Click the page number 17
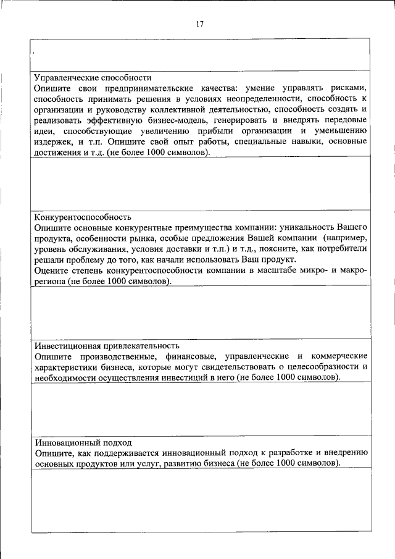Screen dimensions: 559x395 (199, 24)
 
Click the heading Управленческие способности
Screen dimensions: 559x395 (93, 78)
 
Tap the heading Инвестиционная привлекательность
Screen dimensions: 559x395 (106, 346)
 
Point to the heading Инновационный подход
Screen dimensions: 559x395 (83, 443)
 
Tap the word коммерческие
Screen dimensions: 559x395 (340, 356)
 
